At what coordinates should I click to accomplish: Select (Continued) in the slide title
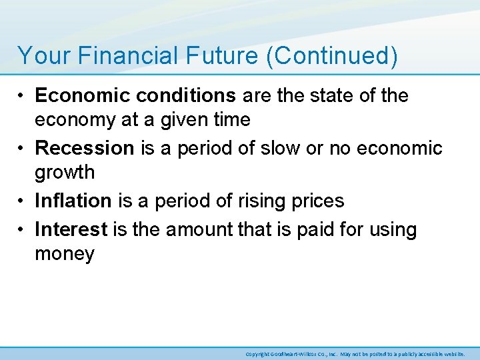point(331,55)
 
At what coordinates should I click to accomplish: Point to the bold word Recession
point(85,148)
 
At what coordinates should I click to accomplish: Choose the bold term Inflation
point(73,201)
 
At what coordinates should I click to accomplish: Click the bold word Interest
point(71,230)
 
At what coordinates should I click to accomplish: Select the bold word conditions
point(181,96)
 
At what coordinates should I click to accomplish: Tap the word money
point(65,254)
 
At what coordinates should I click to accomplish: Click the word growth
point(65,173)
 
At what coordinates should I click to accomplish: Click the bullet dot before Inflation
point(22,201)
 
